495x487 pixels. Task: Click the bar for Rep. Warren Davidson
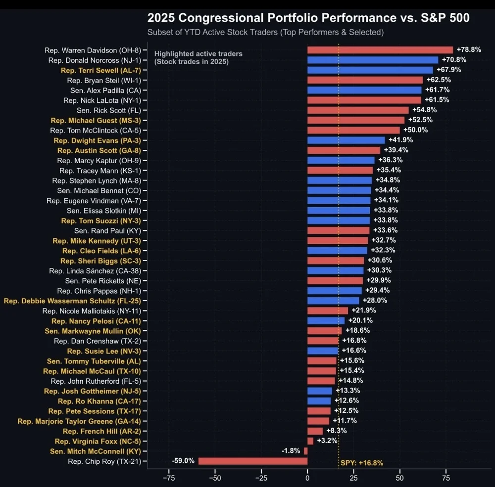pyautogui.click(x=380, y=50)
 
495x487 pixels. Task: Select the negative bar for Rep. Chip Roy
pyautogui.click(x=252, y=461)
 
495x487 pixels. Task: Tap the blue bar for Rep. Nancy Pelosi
pyautogui.click(x=326, y=321)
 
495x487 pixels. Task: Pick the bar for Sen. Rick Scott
pyautogui.click(x=358, y=110)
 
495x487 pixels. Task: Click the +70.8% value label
pyautogui.click(x=454, y=60)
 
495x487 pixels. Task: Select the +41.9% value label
pyautogui.click(x=400, y=140)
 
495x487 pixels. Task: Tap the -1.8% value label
pyautogui.click(x=291, y=451)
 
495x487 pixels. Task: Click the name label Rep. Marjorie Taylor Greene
pyautogui.click(x=79, y=421)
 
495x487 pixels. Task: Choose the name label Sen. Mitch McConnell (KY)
pyautogui.click(x=96, y=451)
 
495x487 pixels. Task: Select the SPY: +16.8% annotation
pyautogui.click(x=362, y=463)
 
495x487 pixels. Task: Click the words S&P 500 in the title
pyautogui.click(x=443, y=18)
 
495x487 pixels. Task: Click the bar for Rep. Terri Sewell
pyautogui.click(x=370, y=70)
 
